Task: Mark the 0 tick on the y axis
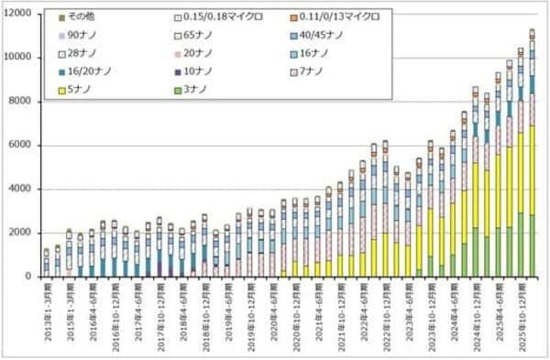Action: (x=32, y=277)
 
